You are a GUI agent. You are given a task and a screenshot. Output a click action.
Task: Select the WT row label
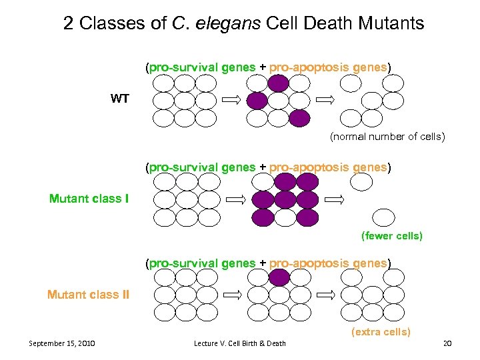(120, 99)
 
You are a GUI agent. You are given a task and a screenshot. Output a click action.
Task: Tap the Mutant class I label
(89, 198)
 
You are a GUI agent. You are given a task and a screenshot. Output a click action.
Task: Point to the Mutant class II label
(88, 295)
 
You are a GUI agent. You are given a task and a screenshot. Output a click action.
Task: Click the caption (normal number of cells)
(387, 137)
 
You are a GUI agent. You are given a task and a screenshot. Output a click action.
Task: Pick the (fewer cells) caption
(391, 236)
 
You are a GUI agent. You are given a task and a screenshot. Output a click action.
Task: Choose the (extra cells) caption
(381, 331)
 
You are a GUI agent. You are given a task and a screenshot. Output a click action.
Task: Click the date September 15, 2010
(62, 343)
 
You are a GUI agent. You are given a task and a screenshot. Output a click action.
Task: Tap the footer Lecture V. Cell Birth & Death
(239, 343)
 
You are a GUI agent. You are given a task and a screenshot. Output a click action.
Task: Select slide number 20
(447, 343)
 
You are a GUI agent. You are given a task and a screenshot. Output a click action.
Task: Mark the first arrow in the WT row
(231, 100)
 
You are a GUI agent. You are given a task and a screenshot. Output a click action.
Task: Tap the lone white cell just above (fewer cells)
(383, 217)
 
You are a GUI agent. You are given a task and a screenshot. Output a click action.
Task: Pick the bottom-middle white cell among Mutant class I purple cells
(285, 217)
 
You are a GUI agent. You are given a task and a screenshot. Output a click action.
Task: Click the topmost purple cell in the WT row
(279, 83)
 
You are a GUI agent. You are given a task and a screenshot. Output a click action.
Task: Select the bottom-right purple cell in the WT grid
(299, 118)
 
